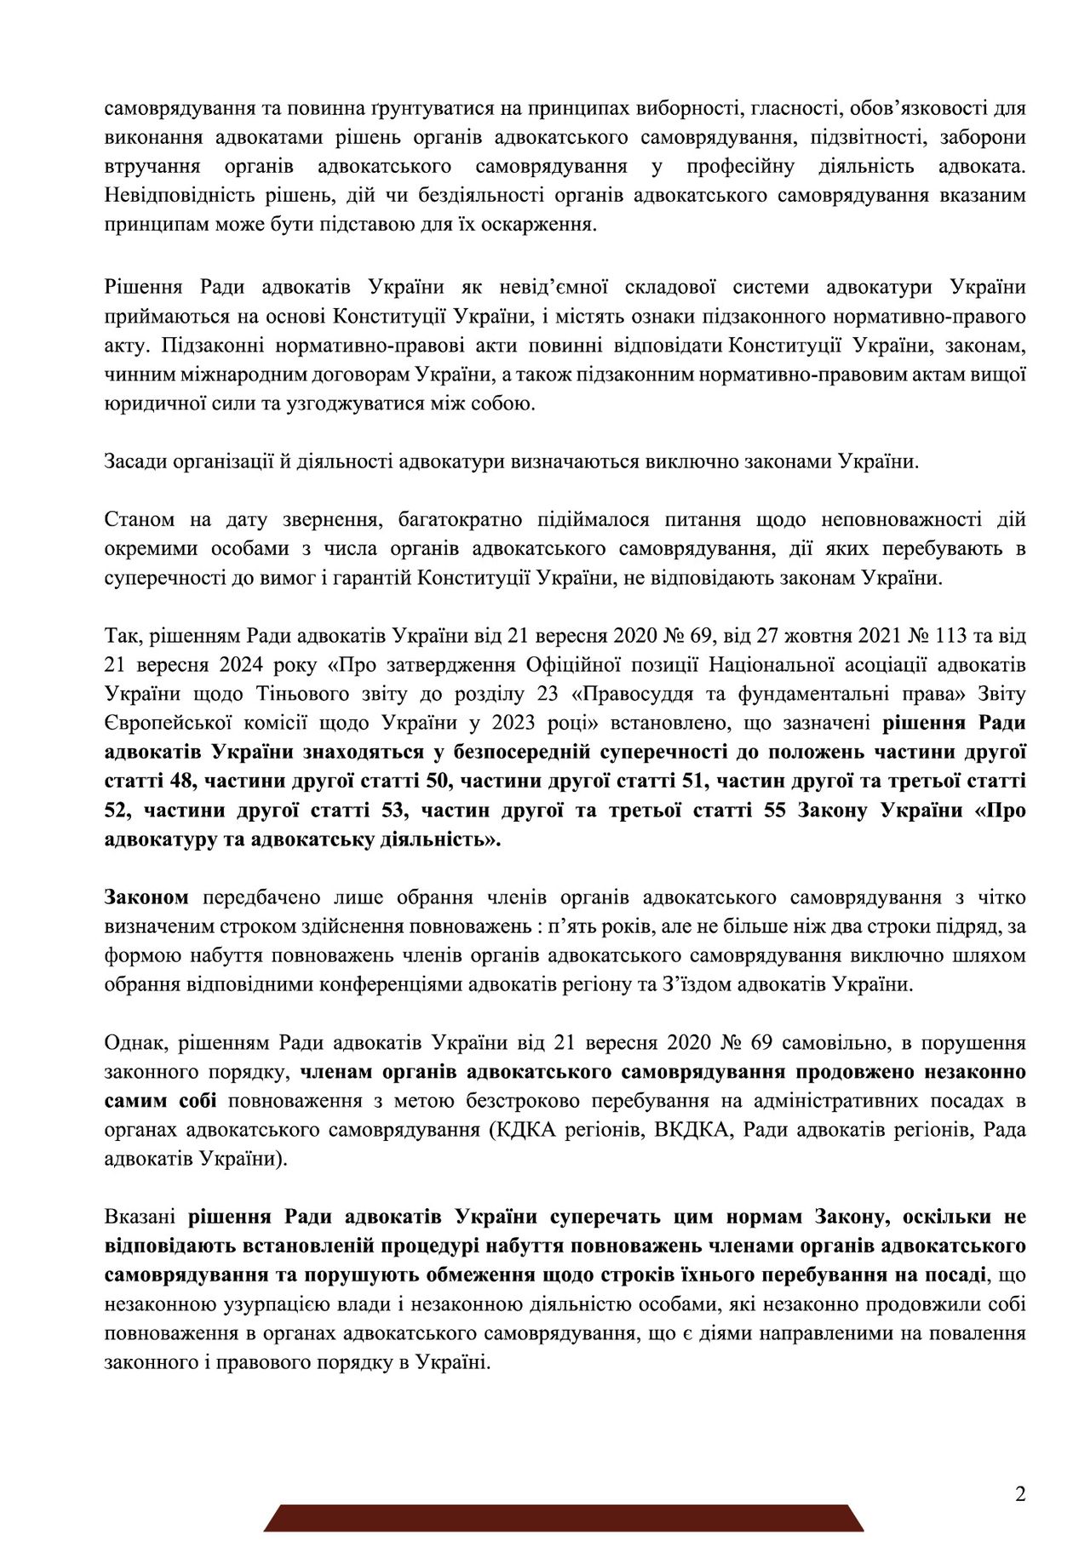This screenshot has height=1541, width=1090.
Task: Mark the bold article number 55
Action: [774, 810]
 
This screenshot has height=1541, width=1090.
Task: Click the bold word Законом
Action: [146, 897]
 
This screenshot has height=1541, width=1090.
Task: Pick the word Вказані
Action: [140, 1216]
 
